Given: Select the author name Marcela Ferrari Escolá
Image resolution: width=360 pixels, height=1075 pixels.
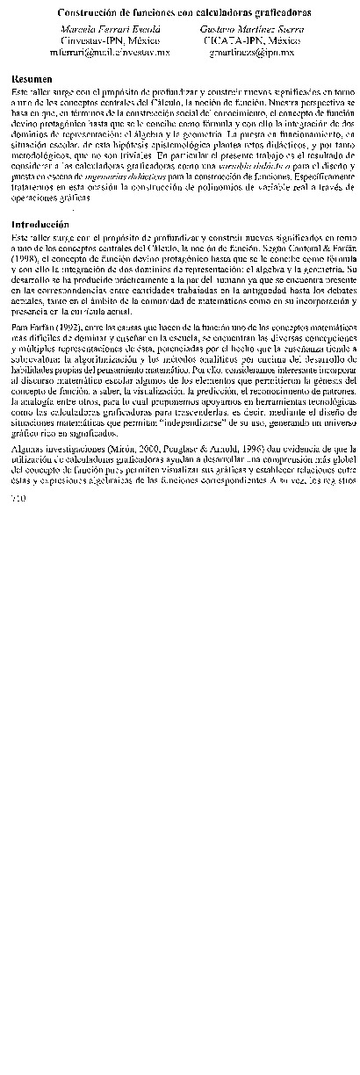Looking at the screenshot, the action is click(97, 29).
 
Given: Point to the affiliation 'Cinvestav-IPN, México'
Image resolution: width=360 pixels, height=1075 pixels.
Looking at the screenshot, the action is click(97, 40).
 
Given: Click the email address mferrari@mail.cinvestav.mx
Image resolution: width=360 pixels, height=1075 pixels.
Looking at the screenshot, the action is click(97, 53).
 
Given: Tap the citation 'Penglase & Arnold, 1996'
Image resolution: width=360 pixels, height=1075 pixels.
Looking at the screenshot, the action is click(176, 449).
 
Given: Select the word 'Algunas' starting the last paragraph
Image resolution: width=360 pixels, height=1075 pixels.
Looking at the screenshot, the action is click(30, 449).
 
